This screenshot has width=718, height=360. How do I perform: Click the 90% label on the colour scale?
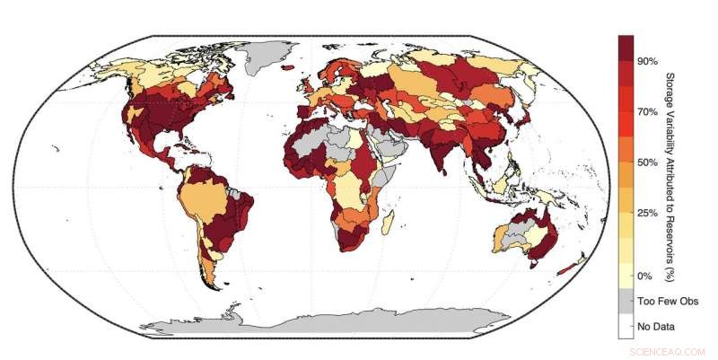tap(648, 60)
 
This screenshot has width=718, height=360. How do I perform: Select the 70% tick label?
tap(648, 112)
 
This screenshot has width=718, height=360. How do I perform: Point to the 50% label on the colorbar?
tap(648, 162)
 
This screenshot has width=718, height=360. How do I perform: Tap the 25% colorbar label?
tap(648, 213)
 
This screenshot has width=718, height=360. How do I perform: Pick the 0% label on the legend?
tap(644, 276)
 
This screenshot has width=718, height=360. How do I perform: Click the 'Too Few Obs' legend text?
tap(667, 302)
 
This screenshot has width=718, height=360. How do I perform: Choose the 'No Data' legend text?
tap(655, 326)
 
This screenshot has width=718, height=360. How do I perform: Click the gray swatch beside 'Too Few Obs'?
tap(626, 301)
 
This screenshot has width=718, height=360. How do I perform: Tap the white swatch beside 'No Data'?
tap(626, 326)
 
